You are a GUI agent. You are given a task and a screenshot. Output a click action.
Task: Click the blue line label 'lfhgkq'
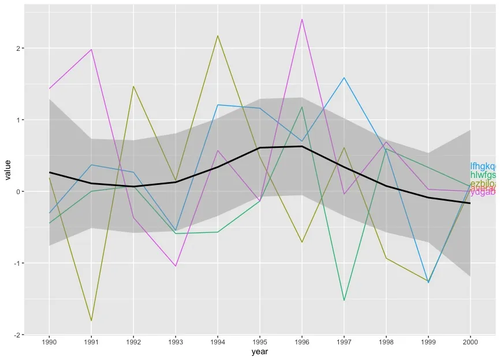tap(483, 166)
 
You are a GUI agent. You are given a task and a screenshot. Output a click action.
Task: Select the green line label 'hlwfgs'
tap(483, 175)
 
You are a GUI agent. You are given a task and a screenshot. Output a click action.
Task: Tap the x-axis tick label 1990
tap(49, 342)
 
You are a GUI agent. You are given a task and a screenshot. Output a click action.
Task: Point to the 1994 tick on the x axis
tap(218, 342)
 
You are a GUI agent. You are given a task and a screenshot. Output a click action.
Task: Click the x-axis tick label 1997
tap(344, 342)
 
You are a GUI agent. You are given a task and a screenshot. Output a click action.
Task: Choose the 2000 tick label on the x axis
tap(470, 342)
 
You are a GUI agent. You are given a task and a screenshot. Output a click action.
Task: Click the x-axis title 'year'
tap(260, 351)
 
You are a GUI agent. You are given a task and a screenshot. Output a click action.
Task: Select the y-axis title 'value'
tap(8, 169)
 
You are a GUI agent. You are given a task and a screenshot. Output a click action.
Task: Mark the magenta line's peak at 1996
tap(302, 20)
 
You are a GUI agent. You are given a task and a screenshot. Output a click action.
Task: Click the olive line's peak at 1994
tap(218, 36)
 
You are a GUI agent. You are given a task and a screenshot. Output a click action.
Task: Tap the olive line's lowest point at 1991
tap(91, 321)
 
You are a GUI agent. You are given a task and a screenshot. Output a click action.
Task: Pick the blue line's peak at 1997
tap(344, 77)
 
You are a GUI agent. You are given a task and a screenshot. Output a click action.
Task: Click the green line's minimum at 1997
tap(344, 300)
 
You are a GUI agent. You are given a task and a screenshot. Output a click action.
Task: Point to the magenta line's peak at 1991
tap(91, 49)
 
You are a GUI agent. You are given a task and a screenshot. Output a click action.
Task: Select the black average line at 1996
tap(302, 146)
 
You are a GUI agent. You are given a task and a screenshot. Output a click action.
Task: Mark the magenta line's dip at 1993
tap(176, 266)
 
